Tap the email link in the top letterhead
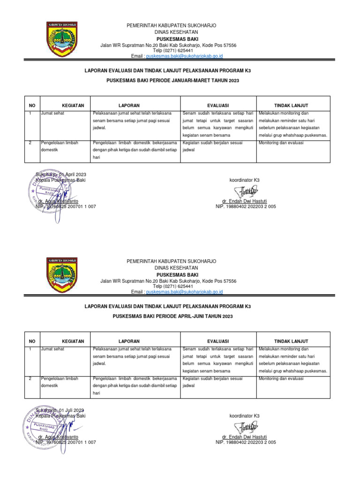click(184, 56)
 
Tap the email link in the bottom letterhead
click(184, 292)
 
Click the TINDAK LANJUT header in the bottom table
click(293, 341)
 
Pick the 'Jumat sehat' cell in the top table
click(53, 113)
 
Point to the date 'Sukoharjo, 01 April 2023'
click(61, 175)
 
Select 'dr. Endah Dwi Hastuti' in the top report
click(246, 201)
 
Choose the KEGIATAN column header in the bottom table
click(73, 341)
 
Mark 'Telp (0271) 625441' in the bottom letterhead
click(173, 286)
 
